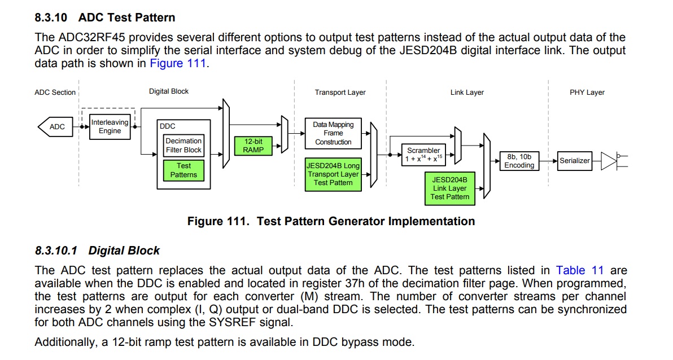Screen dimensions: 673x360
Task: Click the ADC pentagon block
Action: (56, 126)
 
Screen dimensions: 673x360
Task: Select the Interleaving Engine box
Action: (110, 126)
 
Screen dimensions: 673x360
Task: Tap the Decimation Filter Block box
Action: (183, 146)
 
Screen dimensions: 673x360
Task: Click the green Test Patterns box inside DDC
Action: (183, 170)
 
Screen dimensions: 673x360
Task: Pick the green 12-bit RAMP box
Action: (254, 146)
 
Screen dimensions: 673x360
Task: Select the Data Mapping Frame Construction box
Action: (333, 133)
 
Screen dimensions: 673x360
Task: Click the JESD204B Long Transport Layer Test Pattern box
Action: (333, 174)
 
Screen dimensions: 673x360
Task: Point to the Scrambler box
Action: (423, 155)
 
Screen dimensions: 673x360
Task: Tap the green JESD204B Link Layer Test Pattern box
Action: (450, 188)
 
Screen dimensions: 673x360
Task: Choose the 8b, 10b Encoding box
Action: (519, 161)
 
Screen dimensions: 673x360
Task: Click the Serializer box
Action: (575, 161)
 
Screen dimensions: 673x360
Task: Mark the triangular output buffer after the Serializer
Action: (609, 161)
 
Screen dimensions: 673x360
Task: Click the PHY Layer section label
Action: (587, 92)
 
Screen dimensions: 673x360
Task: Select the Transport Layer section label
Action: (340, 92)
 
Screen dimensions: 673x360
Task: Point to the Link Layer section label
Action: (467, 92)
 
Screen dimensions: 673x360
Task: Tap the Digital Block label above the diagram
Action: (169, 91)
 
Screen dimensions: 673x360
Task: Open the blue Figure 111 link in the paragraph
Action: (178, 64)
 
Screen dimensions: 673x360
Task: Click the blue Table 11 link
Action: (580, 270)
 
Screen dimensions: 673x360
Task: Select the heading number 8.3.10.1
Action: (56, 251)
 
